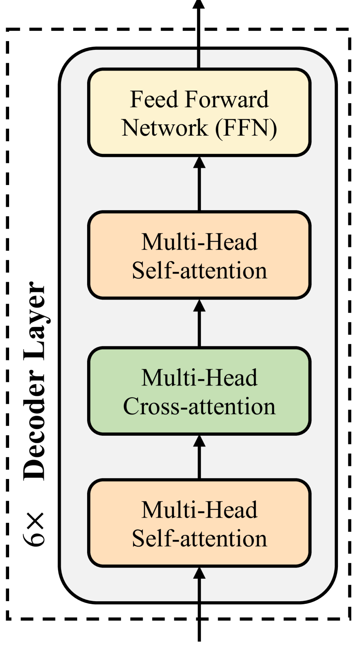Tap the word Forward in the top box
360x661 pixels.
[x=227, y=100]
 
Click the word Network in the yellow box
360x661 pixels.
[x=164, y=129]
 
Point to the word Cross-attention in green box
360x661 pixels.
[x=199, y=407]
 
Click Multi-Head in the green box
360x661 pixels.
[x=199, y=378]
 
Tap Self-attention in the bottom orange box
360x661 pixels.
[x=199, y=539]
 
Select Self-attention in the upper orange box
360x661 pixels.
[x=199, y=271]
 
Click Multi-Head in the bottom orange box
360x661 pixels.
[x=199, y=510]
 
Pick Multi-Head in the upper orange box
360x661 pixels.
[x=199, y=242]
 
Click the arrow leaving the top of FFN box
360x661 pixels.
[x=199, y=30]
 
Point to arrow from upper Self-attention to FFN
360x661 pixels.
[x=199, y=184]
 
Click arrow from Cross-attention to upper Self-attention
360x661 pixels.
[x=199, y=323]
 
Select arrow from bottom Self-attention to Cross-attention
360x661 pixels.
[x=199, y=457]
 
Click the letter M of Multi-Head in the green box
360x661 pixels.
[x=149, y=378]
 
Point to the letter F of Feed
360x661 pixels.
[x=136, y=100]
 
